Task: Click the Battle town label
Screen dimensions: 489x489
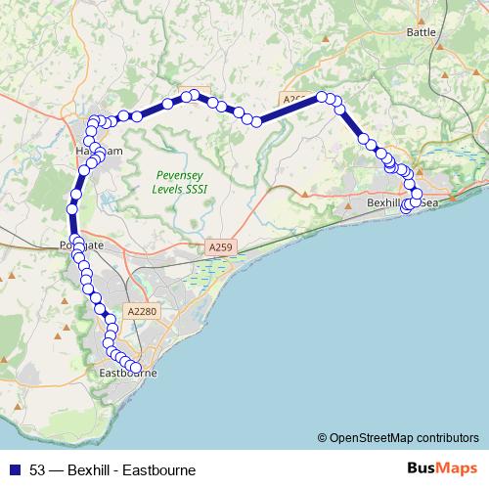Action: tap(422, 31)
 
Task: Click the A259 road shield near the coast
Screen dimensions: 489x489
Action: tap(221, 249)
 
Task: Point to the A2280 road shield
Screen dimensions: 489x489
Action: tap(140, 311)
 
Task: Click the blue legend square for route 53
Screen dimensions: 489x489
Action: tap(15, 469)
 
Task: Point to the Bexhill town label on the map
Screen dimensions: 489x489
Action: tap(384, 202)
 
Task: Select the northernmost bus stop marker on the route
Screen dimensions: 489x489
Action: tap(194, 94)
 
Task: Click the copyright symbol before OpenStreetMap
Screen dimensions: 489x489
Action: tap(322, 437)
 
